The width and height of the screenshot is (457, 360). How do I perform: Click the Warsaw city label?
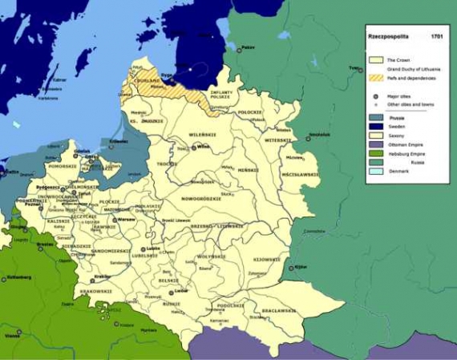coord(125,218)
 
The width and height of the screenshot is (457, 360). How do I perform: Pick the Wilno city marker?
coord(192,148)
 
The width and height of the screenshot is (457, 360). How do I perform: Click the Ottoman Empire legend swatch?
coord(374,145)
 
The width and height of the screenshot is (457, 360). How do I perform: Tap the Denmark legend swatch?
coord(374,172)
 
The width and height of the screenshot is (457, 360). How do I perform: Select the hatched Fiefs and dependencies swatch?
coord(374,78)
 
